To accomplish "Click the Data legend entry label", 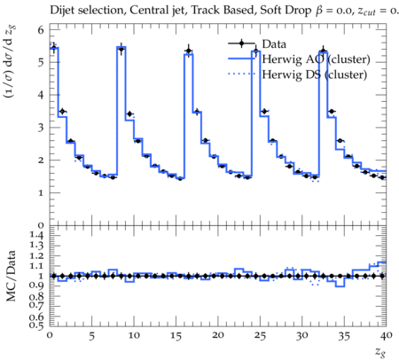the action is click(x=274, y=44).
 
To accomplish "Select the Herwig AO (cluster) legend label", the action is click(x=316, y=59).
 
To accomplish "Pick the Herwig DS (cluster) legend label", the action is click(x=315, y=74).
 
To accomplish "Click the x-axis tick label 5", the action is click(x=91, y=336).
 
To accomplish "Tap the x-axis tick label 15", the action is click(x=176, y=336).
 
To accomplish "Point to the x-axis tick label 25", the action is click(x=260, y=336).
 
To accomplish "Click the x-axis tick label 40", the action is click(x=387, y=335).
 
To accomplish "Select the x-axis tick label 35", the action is click(x=344, y=336).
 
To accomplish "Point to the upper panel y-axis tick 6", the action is click(x=41, y=29).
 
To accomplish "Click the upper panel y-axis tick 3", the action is click(x=41, y=129).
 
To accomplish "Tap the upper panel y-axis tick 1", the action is click(x=41, y=193).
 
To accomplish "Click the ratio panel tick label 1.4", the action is click(x=36, y=235).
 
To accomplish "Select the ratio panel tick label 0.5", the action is click(x=36, y=325).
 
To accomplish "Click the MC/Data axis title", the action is click(x=11, y=276).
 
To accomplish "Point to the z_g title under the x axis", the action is click(x=380, y=352).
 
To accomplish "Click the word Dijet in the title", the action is click(x=62, y=11).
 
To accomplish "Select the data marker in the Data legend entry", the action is click(x=241, y=43).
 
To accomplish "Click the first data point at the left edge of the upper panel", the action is click(x=54, y=48).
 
